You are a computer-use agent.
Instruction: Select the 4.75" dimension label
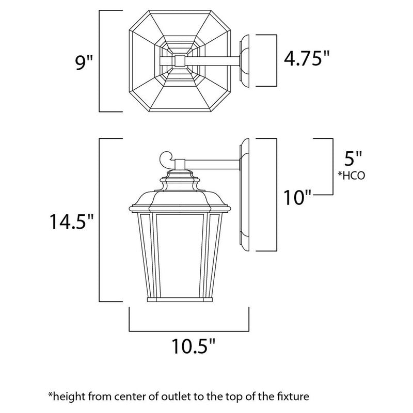pyautogui.click(x=307, y=60)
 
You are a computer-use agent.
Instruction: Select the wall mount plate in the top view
pyautogui.click(x=246, y=61)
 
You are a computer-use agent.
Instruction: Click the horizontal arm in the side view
pyautogui.click(x=212, y=164)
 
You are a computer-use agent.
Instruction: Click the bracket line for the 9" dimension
pyautogui.click(x=100, y=61)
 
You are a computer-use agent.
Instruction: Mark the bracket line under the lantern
pyautogui.click(x=188, y=330)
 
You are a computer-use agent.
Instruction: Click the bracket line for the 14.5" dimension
pyautogui.click(x=100, y=220)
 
